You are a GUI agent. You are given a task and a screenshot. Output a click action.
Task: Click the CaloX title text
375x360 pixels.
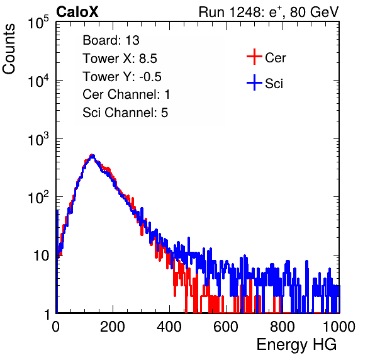(77, 12)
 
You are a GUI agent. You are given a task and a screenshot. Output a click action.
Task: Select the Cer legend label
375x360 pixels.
(275, 58)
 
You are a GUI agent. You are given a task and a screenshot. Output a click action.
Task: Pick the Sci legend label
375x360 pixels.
(274, 84)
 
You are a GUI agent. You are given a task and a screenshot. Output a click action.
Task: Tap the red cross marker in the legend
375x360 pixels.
(254, 57)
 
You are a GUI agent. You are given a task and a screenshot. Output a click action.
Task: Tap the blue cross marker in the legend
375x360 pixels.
(254, 82)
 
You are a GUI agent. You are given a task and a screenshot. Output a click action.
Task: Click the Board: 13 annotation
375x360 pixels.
(111, 40)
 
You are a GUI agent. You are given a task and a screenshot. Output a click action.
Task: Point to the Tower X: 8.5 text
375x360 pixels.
(120, 59)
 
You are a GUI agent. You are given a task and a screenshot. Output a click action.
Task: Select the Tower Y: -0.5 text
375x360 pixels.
(122, 77)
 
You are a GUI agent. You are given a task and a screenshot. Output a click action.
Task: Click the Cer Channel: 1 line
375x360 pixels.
(126, 94)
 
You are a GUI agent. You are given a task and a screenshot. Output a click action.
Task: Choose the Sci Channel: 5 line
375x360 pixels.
(125, 113)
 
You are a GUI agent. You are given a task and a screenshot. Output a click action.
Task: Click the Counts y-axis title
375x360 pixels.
(9, 49)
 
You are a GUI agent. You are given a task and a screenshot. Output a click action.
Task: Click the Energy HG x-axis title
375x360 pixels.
(296, 345)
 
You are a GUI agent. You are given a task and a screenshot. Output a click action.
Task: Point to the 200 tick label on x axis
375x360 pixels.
(113, 327)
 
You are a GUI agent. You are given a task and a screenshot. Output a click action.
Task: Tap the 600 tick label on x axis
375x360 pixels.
(226, 327)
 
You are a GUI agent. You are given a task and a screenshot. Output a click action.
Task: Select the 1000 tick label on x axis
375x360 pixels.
(339, 327)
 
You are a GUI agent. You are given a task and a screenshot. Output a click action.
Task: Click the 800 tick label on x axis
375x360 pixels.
(283, 327)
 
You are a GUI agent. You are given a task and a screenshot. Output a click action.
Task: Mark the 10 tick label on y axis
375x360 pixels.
(42, 256)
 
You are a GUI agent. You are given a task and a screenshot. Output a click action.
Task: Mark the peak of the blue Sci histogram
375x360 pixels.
(93, 155)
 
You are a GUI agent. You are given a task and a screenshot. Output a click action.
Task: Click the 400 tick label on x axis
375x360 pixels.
(169, 327)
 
